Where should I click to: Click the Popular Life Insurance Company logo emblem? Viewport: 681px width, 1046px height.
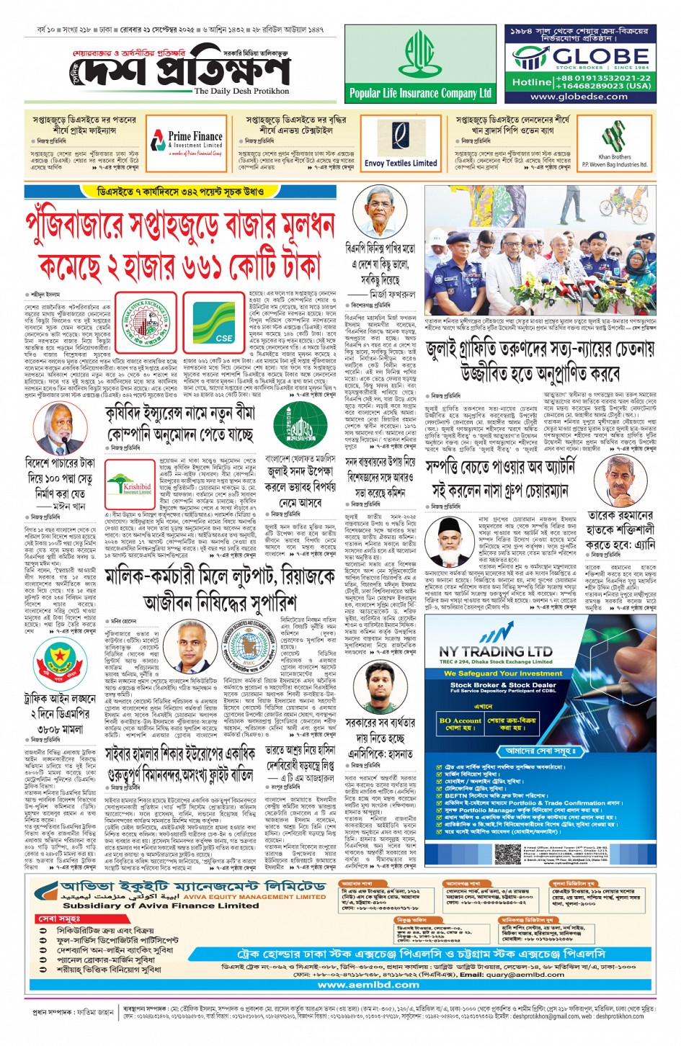coord(419,56)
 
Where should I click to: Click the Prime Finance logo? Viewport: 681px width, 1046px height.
coord(187,140)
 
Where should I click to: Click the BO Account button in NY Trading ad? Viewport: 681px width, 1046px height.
coord(460,723)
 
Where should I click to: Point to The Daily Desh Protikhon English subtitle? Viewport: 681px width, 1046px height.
coord(241,91)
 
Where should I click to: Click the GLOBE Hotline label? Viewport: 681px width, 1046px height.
coord(531,82)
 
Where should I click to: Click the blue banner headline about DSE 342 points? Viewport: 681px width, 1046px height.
coord(180,192)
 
